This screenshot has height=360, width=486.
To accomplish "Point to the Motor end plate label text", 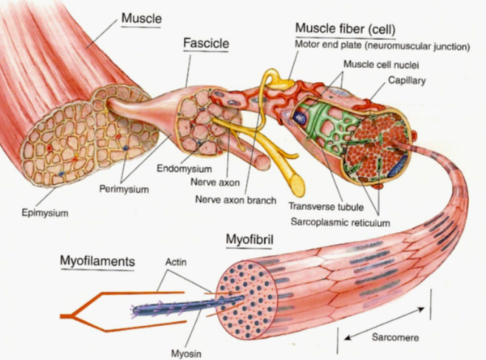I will click(x=382, y=46).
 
